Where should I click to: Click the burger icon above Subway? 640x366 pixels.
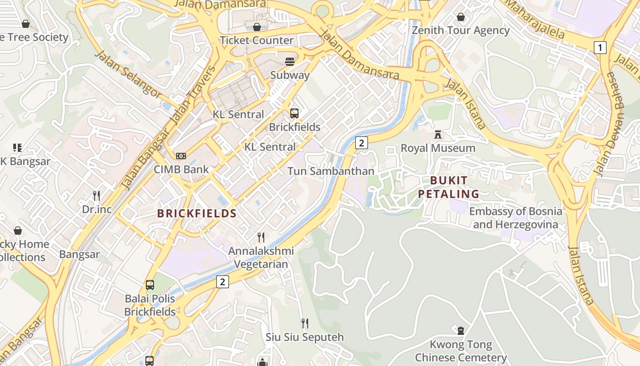290,62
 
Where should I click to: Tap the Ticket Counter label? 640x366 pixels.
256,40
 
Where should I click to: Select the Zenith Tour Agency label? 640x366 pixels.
460,31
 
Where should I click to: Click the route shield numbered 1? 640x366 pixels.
600,47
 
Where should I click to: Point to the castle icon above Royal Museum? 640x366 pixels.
438,135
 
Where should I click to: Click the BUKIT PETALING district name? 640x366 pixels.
448,187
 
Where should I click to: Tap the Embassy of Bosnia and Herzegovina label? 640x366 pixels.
515,218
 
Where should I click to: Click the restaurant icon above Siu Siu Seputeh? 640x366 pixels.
304,323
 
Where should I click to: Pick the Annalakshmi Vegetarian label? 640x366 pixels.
261,258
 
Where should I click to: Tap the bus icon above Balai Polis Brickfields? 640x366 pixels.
149,285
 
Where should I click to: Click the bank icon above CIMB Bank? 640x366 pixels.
181,156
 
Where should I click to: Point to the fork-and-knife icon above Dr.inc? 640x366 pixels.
96,196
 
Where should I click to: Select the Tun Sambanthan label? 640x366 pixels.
331,171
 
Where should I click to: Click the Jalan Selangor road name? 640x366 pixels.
128,75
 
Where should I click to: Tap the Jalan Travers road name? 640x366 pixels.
192,95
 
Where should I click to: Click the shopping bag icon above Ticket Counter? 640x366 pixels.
256,27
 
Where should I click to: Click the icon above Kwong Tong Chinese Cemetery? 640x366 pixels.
460,330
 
